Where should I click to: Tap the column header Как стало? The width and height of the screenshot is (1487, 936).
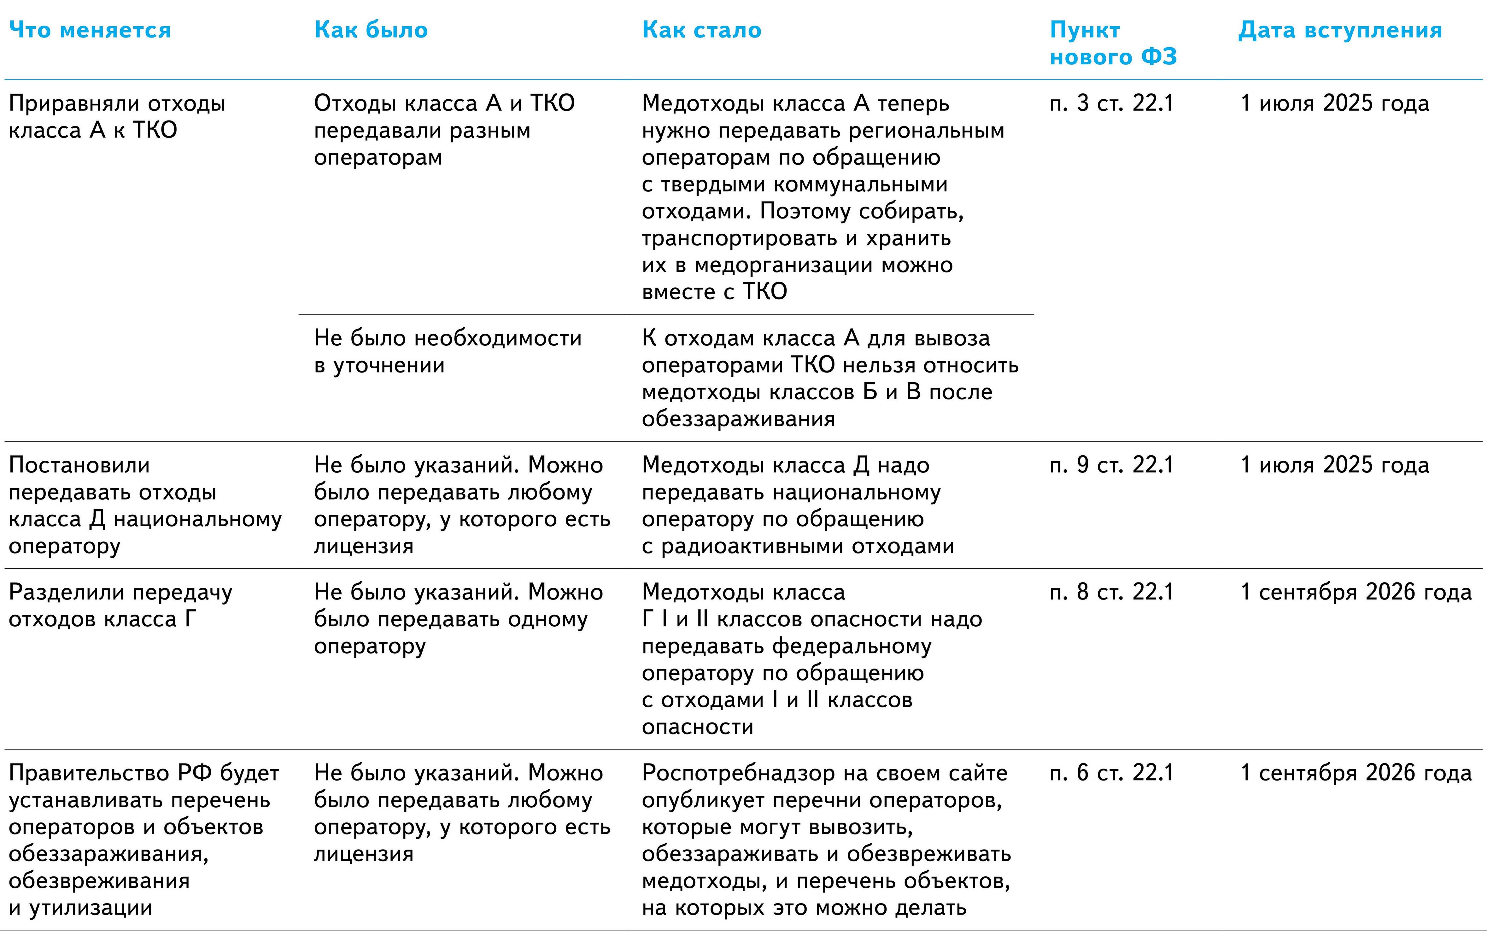coord(701,30)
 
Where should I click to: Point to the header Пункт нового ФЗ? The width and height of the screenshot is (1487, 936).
coord(1113,43)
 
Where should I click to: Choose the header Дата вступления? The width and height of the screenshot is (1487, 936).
coord(1340,30)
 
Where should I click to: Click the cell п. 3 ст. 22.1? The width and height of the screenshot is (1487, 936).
coord(1111,103)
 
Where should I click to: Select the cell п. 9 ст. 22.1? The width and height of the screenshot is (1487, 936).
coord(1111,465)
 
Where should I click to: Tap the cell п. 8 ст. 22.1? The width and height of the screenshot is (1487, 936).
coord(1111,592)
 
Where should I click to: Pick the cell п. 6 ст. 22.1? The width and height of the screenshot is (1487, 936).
coord(1111,773)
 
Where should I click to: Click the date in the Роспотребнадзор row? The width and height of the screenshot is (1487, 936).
coord(1356,773)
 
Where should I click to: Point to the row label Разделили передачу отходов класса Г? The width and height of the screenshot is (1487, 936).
coord(120,606)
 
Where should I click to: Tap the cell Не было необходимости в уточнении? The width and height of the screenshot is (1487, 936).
coord(448,351)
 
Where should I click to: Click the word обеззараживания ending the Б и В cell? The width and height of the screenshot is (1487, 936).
coord(738,419)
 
